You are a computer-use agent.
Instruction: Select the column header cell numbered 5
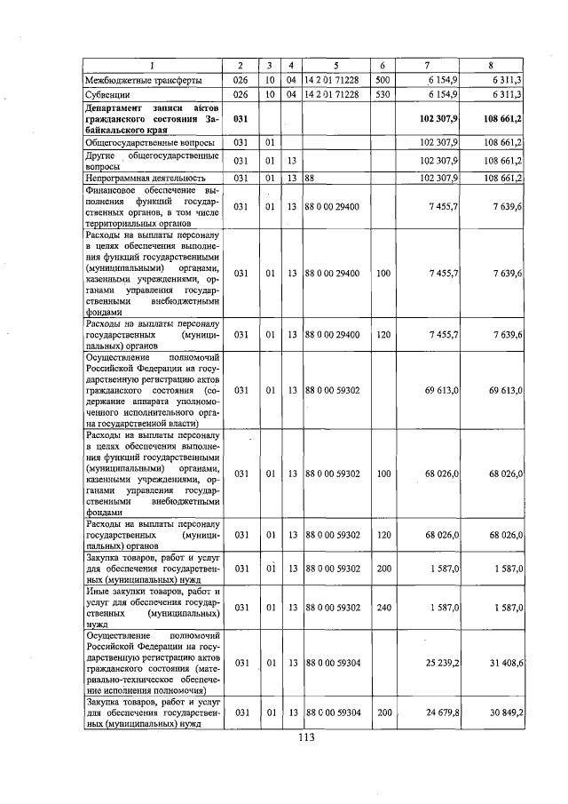point(336,66)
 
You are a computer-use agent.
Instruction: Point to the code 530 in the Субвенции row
point(382,94)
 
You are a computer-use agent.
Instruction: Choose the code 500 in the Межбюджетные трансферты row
point(382,80)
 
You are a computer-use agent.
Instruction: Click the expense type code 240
point(382,607)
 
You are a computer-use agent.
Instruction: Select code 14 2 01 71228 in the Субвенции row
point(335,94)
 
